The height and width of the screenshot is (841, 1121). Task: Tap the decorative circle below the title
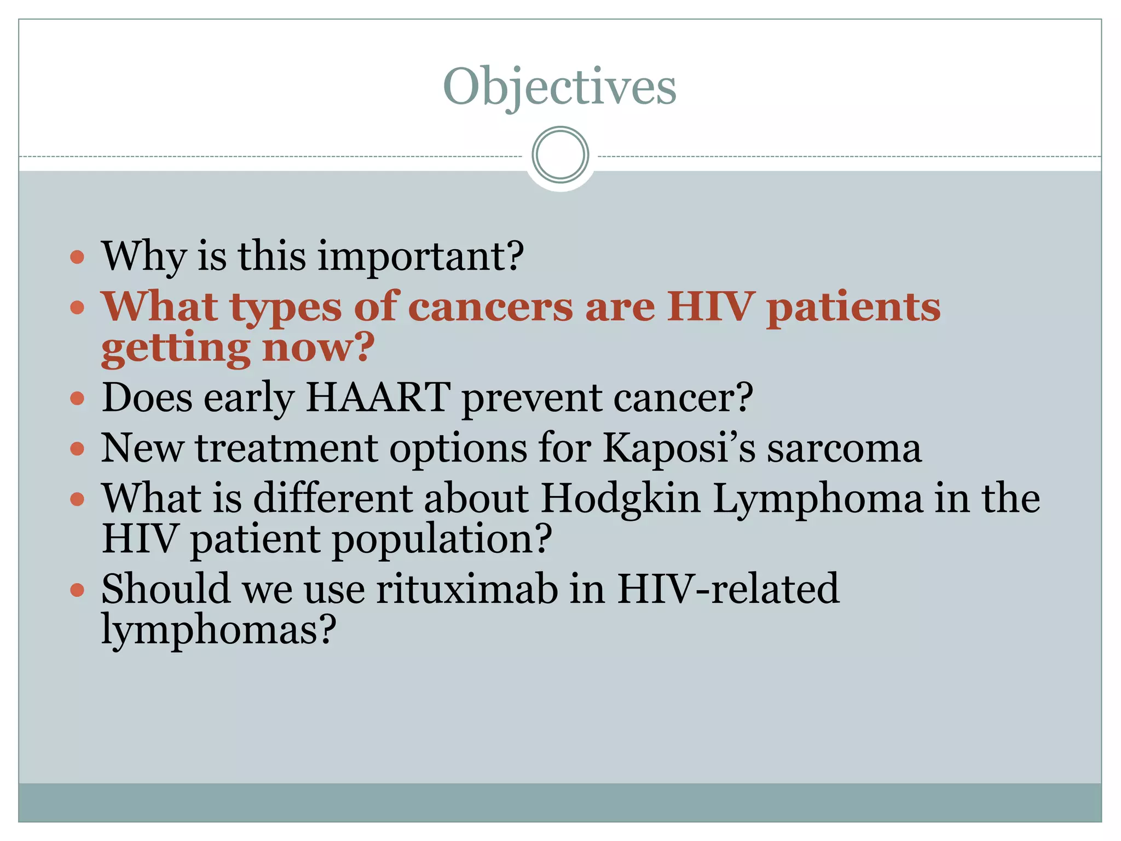pos(560,155)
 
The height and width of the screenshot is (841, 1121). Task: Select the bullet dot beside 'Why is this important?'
pos(78,257)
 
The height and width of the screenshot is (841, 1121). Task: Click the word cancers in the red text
pos(490,307)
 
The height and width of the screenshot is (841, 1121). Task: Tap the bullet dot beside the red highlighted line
pos(78,307)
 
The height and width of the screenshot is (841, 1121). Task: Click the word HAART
pos(378,397)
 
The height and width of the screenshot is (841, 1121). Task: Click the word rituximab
pos(466,590)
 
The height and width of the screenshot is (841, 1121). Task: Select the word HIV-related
pos(728,590)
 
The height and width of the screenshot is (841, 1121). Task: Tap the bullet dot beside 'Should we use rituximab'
pos(78,590)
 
